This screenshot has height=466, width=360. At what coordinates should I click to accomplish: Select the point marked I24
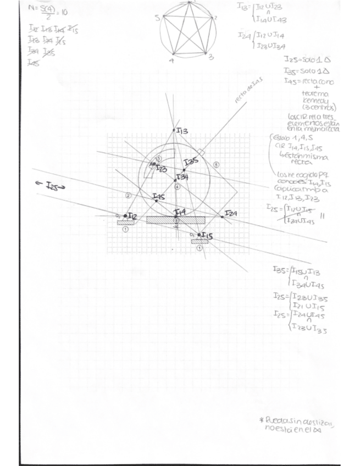click(x=221, y=217)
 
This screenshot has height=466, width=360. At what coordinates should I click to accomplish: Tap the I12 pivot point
click(x=125, y=215)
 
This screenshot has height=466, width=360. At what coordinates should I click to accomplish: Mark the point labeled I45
click(x=157, y=201)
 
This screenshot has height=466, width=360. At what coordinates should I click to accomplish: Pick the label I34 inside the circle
click(x=182, y=177)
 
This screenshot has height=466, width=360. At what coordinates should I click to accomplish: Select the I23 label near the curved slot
click(x=161, y=169)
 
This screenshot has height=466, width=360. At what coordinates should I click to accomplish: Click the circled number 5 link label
click(x=216, y=164)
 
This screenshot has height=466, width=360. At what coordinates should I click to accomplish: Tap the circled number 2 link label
click(x=128, y=195)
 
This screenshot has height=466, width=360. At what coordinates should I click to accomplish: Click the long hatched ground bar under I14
click(x=175, y=219)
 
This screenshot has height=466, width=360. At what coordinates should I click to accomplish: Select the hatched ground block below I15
click(x=200, y=241)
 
